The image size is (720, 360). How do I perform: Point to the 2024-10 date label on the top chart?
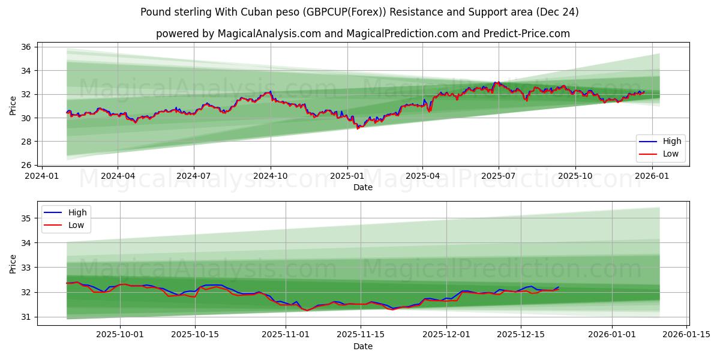(270, 176)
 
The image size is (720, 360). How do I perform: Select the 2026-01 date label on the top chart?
(652, 176)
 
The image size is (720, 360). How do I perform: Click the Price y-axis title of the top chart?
(13, 106)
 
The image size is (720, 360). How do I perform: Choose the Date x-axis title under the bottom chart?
(363, 346)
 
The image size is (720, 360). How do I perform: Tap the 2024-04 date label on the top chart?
(118, 176)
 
